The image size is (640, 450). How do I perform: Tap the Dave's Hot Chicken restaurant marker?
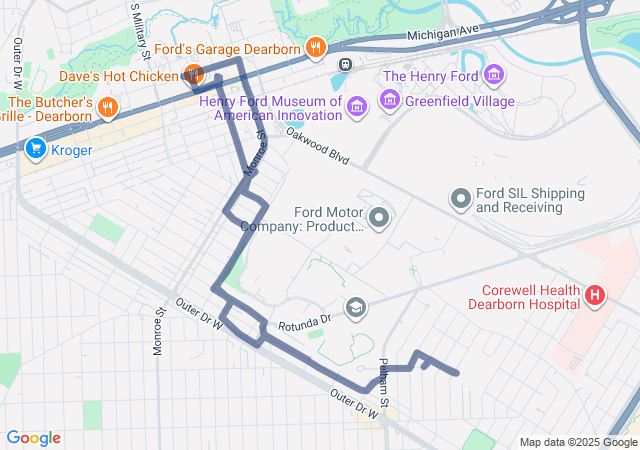pos(193,74)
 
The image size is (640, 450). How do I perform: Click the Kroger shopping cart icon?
pos(37,150)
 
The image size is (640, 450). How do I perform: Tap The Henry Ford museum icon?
pos(492,74)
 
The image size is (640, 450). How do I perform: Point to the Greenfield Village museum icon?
pos(389,101)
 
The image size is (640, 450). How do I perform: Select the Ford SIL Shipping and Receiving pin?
pos(460,199)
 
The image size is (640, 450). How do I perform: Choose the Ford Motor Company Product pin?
pos(379,216)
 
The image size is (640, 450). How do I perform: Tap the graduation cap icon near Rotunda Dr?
pos(355,306)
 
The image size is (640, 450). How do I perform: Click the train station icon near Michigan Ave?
pos(345,64)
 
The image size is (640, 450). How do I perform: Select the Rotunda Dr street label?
pos(306,322)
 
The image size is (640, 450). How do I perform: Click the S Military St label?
pos(137,20)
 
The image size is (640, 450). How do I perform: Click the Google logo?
pos(33,438)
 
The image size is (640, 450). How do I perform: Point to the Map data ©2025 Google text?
pos(577,442)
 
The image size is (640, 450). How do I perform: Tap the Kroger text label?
pos(71,151)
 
